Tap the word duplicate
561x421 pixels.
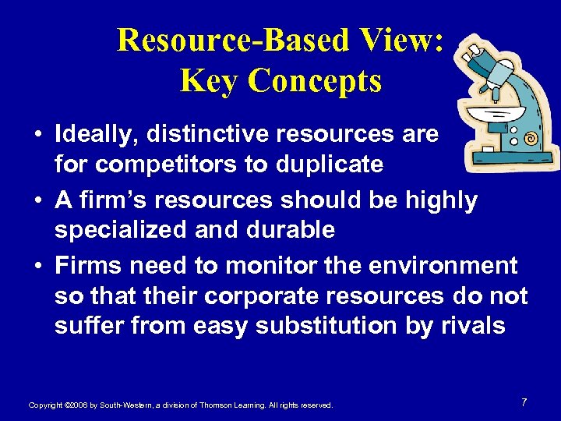327,165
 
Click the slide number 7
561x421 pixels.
524,402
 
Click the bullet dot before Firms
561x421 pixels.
37,267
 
